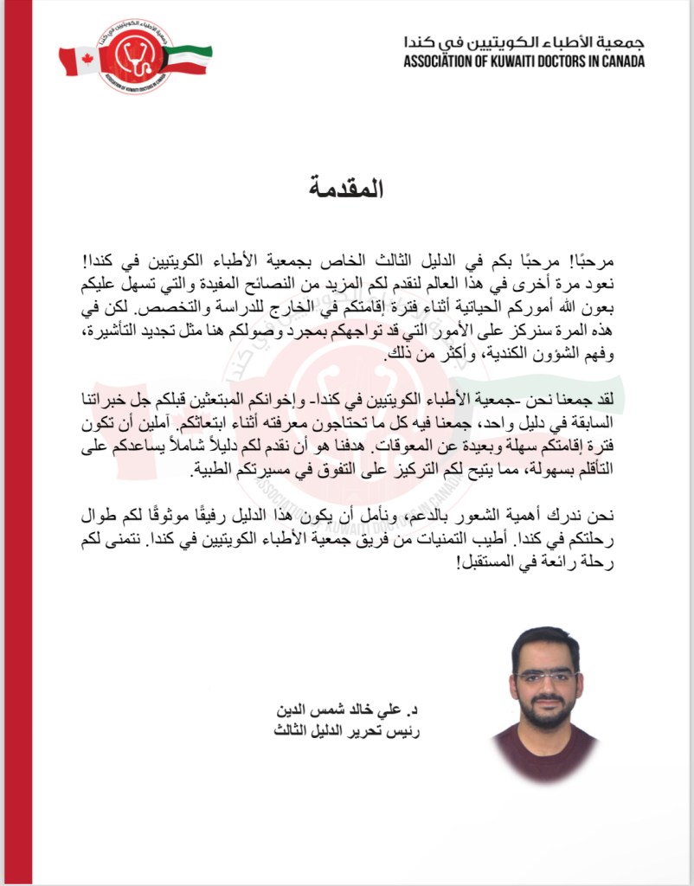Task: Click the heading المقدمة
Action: pyautogui.click(x=346, y=187)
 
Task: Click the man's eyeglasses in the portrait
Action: pyautogui.click(x=545, y=677)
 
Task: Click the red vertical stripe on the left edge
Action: pyautogui.click(x=16, y=443)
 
